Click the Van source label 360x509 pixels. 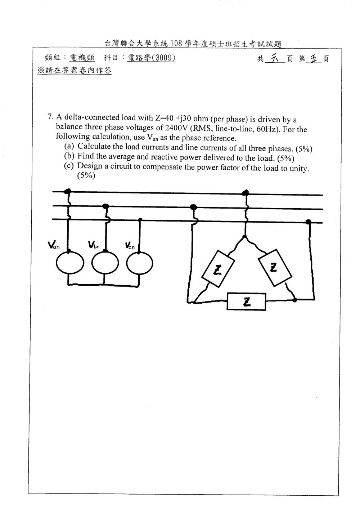click(54, 245)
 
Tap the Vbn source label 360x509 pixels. click(94, 245)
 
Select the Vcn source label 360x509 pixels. click(130, 246)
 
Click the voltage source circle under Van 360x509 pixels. click(70, 263)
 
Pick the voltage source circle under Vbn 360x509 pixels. click(105, 263)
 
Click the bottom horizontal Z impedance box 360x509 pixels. click(247, 302)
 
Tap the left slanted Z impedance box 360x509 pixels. click(218, 269)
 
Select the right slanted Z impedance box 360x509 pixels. click(275, 267)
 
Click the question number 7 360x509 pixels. click(50, 117)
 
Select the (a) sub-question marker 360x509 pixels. click(69, 146)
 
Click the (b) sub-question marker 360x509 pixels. click(69, 156)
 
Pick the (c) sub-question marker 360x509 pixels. click(69, 166)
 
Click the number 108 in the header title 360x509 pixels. click(176, 43)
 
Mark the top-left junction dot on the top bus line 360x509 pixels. click(67, 191)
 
